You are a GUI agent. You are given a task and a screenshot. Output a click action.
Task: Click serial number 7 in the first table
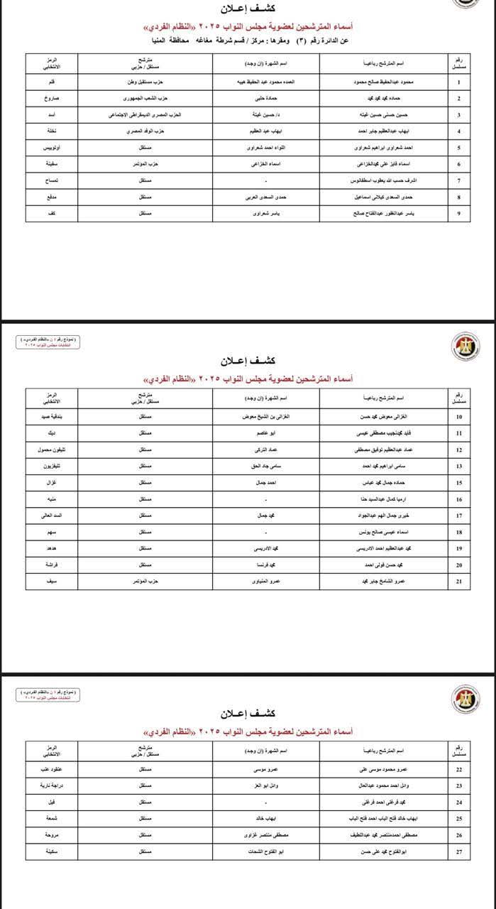pyautogui.click(x=459, y=181)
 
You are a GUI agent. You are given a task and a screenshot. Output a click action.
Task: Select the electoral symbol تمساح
pyautogui.click(x=61, y=181)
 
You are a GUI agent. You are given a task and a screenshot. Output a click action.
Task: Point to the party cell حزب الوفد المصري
pyautogui.click(x=145, y=131)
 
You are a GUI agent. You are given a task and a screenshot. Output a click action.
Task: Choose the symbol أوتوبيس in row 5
pyautogui.click(x=61, y=148)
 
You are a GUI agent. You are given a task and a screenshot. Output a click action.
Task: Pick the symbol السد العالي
pyautogui.click(x=61, y=515)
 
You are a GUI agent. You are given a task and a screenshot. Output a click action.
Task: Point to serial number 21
pyautogui.click(x=459, y=582)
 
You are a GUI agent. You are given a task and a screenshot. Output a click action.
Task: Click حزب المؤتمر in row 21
pyautogui.click(x=145, y=582)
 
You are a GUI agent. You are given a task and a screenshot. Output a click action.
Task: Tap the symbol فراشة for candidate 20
pyautogui.click(x=61, y=565)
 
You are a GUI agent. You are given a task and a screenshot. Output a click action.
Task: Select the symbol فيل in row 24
pyautogui.click(x=61, y=802)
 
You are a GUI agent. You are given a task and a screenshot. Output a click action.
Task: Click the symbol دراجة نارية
pyautogui.click(x=61, y=785)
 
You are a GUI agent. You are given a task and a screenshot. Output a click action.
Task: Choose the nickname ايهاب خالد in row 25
pyautogui.click(x=267, y=818)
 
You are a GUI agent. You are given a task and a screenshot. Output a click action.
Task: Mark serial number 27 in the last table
pyautogui.click(x=459, y=851)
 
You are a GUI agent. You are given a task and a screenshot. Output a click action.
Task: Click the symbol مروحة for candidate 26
pyautogui.click(x=61, y=834)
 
